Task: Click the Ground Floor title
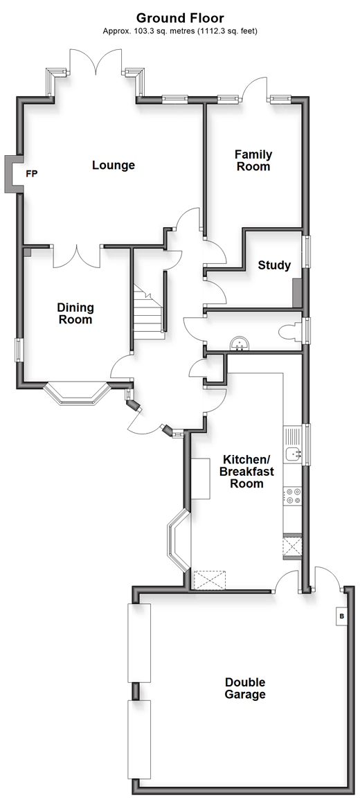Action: click(x=180, y=19)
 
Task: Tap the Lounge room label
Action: click(x=114, y=166)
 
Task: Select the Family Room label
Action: click(x=253, y=160)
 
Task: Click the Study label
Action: click(x=274, y=265)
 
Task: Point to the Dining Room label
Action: click(x=75, y=313)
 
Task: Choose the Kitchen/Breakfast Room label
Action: click(x=246, y=471)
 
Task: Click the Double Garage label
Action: click(x=245, y=688)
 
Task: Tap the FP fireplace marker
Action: click(x=32, y=174)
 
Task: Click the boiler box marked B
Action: click(x=341, y=616)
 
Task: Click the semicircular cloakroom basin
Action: click(x=239, y=344)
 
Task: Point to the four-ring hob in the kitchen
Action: click(x=294, y=496)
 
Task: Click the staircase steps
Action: click(x=149, y=311)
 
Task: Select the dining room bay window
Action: click(x=76, y=394)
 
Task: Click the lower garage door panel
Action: click(x=139, y=739)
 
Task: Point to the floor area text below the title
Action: click(x=180, y=31)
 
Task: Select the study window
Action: click(x=307, y=251)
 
